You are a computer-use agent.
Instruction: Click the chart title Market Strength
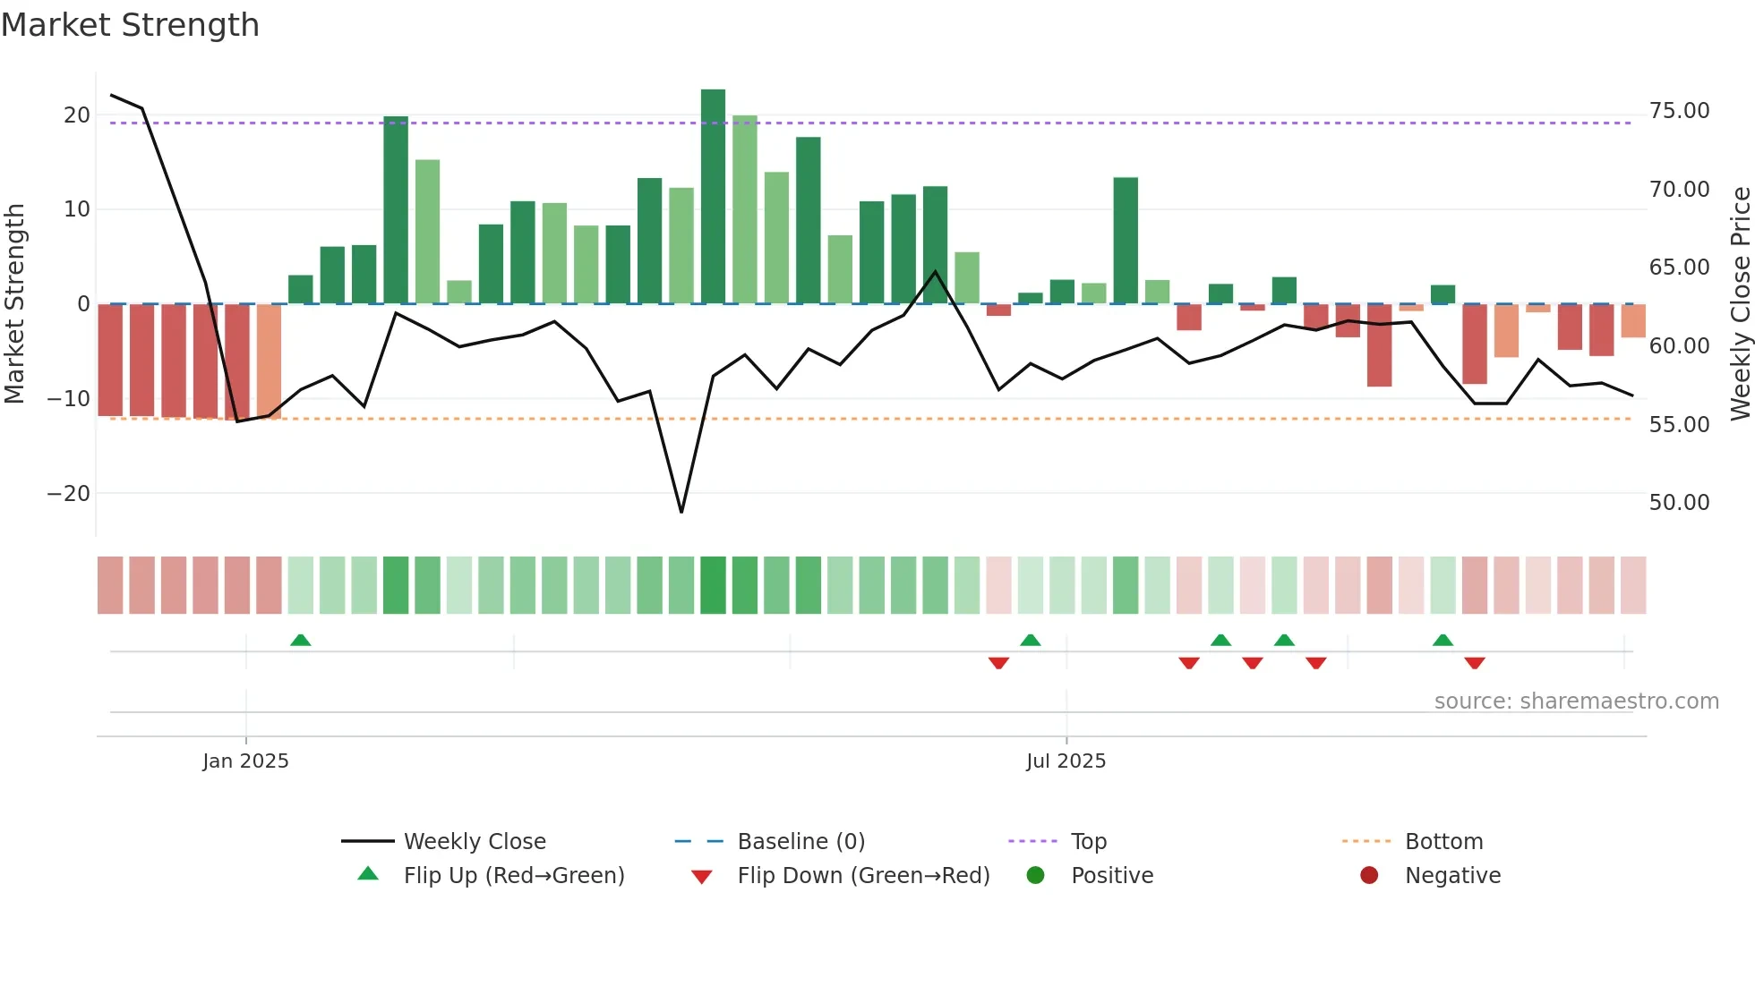coord(131,25)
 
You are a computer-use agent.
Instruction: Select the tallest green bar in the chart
coord(713,197)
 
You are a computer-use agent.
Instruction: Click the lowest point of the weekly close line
coord(681,512)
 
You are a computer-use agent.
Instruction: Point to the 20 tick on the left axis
coord(77,115)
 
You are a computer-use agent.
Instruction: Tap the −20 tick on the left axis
coord(69,493)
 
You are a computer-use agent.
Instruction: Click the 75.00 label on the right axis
coord(1679,111)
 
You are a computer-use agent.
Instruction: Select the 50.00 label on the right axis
coord(1679,503)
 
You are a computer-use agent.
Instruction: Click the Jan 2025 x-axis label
coord(245,761)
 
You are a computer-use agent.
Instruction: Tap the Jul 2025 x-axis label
coord(1066,761)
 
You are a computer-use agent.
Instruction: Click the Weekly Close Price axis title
coord(1740,304)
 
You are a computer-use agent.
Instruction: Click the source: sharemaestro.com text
coord(1576,701)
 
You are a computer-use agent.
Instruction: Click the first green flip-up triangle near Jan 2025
coord(301,641)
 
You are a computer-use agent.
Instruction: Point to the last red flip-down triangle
coord(1475,663)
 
